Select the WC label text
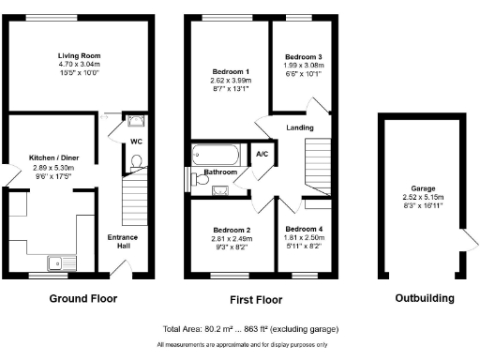click(136, 142)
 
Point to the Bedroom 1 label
click(230, 72)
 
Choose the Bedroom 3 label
click(303, 57)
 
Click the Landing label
click(301, 128)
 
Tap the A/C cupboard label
click(262, 154)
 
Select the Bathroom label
click(219, 172)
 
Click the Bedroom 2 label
click(231, 230)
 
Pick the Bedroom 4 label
click(304, 230)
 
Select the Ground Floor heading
click(82, 299)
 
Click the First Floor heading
click(256, 299)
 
